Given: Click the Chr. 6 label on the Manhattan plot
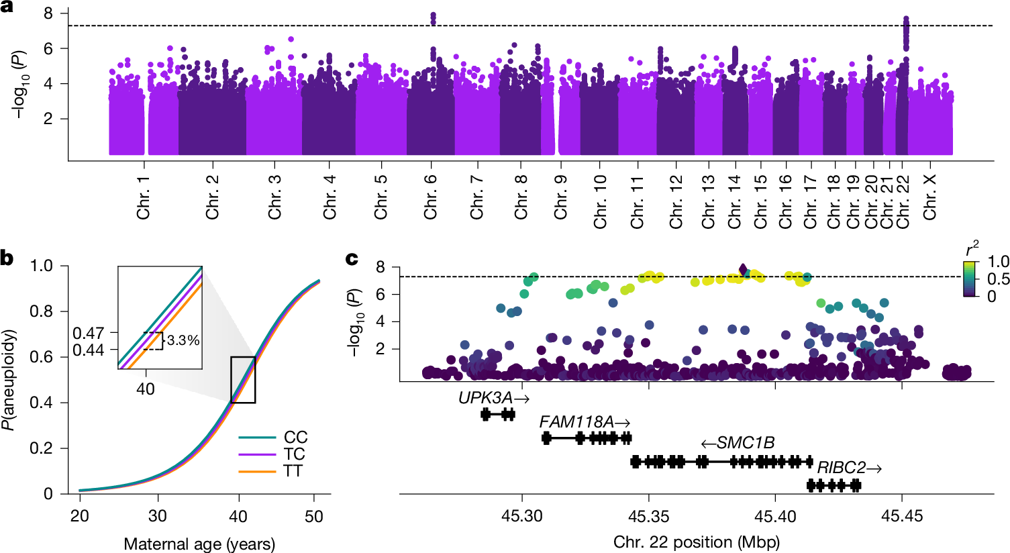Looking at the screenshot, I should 431,197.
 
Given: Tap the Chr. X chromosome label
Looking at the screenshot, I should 930,197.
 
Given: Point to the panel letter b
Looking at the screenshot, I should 8,258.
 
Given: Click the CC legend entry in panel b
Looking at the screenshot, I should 295,438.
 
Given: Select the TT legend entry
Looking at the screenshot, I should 293,470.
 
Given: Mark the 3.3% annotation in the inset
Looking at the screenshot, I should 183,341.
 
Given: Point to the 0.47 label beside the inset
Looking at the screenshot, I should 87,333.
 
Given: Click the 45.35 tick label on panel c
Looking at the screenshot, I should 648,515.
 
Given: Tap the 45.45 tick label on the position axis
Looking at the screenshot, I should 902,515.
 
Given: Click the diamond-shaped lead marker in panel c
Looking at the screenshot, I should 743,270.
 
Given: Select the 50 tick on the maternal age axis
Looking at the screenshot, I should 314,517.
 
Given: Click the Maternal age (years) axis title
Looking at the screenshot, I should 199,543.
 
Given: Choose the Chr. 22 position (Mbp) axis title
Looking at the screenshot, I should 696,541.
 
